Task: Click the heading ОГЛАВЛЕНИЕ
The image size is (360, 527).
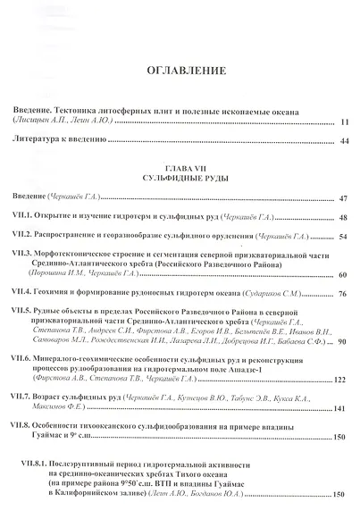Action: point(180,71)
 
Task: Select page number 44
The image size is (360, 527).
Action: point(344,140)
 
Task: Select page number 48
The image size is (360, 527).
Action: point(344,218)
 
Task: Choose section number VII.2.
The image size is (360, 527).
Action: point(22,237)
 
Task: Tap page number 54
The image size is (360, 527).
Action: point(344,238)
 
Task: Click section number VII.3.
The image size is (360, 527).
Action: point(22,255)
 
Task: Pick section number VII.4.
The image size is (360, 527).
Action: point(22,292)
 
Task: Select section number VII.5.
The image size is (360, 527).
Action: point(22,311)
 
